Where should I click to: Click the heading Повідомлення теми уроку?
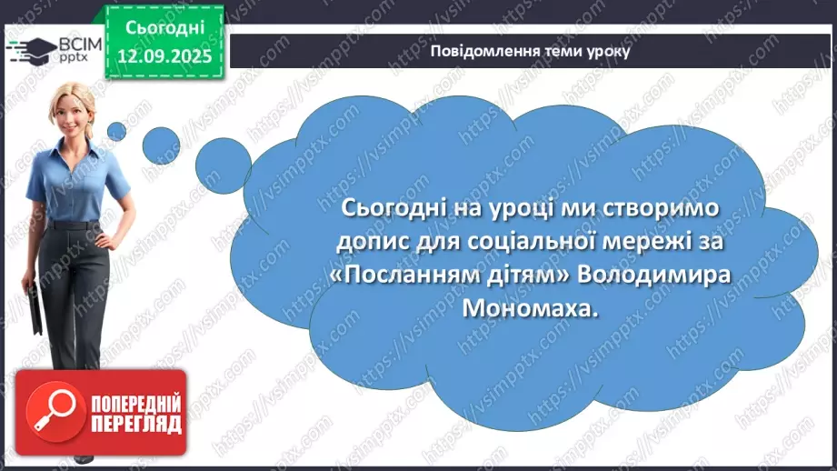(x=531, y=51)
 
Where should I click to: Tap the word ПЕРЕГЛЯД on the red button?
(x=136, y=423)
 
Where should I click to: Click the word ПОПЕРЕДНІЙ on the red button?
(x=136, y=402)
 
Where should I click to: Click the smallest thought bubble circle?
(x=116, y=131)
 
